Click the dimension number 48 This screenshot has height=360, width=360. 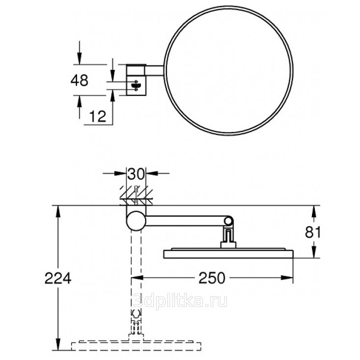(79, 80)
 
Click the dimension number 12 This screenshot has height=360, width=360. (98, 116)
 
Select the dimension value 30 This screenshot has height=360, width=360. (136, 174)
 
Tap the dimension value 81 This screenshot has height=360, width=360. (312, 232)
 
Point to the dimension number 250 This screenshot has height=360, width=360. (212, 278)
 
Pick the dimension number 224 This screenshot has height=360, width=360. (58, 278)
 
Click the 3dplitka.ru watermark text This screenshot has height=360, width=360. (180, 301)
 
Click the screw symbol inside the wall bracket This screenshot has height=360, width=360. (136, 86)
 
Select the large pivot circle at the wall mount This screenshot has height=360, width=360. (136, 221)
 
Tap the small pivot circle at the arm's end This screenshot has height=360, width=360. (228, 221)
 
